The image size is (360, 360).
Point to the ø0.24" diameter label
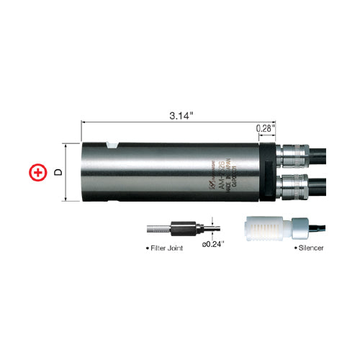213,245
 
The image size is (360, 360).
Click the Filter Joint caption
165,248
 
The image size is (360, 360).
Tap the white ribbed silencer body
266,228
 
